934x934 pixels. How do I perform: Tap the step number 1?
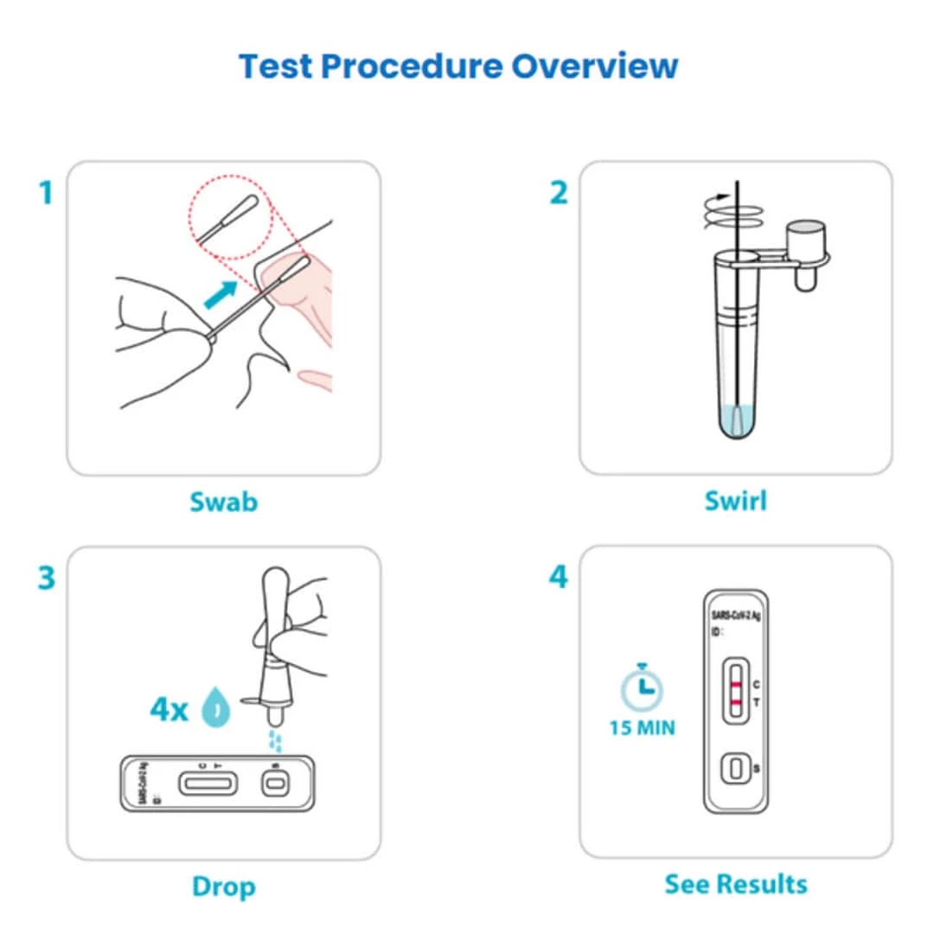pyautogui.click(x=46, y=193)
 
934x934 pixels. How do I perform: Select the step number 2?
pyautogui.click(x=560, y=193)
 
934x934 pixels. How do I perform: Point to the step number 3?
pyautogui.click(x=46, y=578)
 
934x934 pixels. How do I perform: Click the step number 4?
pyautogui.click(x=560, y=578)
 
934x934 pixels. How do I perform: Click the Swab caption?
pyautogui.click(x=223, y=502)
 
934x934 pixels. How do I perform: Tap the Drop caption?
pyautogui.click(x=223, y=886)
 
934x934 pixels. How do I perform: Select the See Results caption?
pyautogui.click(x=735, y=884)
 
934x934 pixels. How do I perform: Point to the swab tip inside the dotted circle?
pyautogui.click(x=245, y=208)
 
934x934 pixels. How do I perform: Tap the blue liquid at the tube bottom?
pyautogui.click(x=735, y=424)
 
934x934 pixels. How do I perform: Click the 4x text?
pyautogui.click(x=169, y=710)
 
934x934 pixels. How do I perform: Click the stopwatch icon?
pyautogui.click(x=641, y=688)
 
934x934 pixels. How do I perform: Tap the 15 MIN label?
pyautogui.click(x=641, y=728)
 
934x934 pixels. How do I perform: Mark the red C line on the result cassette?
pyautogui.click(x=734, y=685)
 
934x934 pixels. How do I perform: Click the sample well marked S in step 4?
pyautogui.click(x=734, y=768)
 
